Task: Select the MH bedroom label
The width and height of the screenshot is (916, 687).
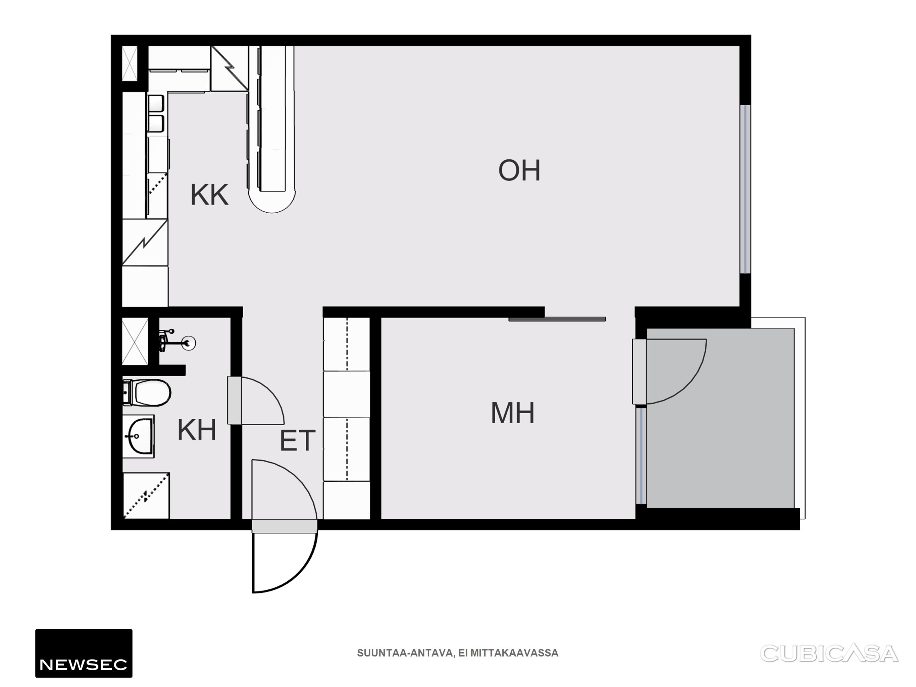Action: click(x=513, y=413)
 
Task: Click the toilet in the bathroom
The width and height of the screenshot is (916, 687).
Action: click(x=147, y=392)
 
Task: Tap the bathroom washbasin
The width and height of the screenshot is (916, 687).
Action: click(x=139, y=436)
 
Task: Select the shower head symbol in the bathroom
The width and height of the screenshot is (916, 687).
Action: click(x=177, y=341)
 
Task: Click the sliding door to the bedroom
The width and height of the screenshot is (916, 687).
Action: click(x=557, y=319)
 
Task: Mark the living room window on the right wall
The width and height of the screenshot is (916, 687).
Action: click(x=745, y=189)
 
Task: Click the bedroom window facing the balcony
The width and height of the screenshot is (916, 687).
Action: click(x=641, y=456)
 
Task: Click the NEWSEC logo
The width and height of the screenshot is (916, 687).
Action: click(x=84, y=653)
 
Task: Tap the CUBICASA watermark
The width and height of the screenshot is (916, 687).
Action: click(x=829, y=654)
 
